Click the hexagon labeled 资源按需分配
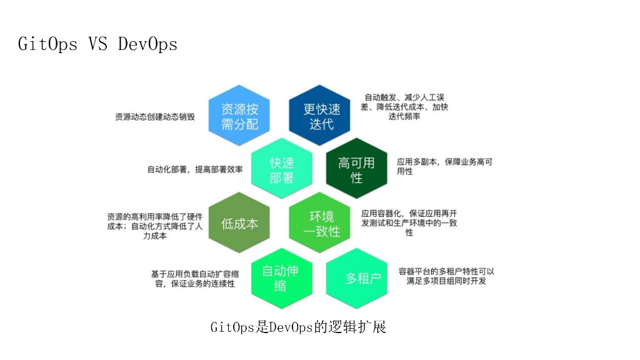(239, 116)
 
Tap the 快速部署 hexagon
(281, 169)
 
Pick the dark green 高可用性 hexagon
(356, 169)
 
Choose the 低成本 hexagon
(239, 223)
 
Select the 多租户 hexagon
(362, 277)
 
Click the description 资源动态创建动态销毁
(155, 117)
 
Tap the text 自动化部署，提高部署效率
(195, 169)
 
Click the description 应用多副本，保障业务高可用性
(444, 166)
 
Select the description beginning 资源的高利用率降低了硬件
(154, 226)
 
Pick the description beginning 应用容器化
(409, 222)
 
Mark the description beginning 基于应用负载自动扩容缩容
(194, 279)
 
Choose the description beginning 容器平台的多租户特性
(446, 276)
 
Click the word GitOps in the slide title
(48, 44)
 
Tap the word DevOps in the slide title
(147, 44)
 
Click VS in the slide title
(98, 44)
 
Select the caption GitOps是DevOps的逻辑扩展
(298, 327)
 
